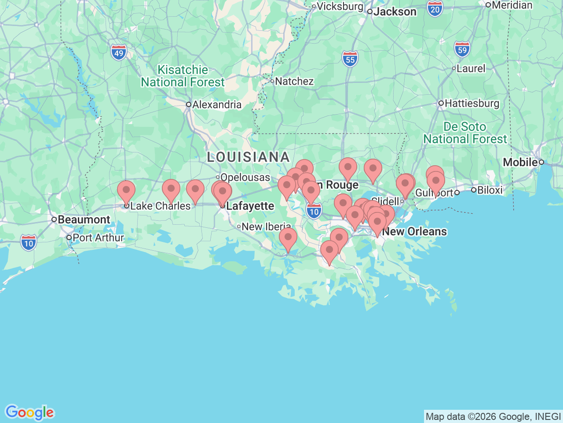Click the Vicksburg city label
click(340, 6)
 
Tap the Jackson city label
click(394, 12)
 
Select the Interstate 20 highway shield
click(435, 9)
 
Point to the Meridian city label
click(512, 5)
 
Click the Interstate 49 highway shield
click(118, 53)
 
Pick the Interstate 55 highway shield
click(350, 59)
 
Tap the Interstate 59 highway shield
click(462, 49)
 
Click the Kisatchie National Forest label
click(183, 76)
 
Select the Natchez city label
click(294, 81)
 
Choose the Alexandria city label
click(216, 104)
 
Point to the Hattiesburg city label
click(472, 103)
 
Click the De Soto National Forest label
click(465, 133)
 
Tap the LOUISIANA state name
click(248, 157)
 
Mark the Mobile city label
click(520, 162)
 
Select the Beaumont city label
click(84, 219)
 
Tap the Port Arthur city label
click(98, 237)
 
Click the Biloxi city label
click(489, 190)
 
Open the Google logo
click(29, 413)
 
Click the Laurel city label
click(471, 68)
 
